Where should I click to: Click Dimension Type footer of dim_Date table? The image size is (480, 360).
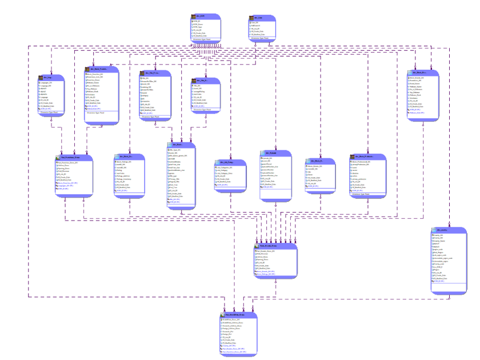pyautogui.click(x=263, y=39)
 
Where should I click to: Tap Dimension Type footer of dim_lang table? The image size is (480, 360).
pyautogui.click(x=50, y=113)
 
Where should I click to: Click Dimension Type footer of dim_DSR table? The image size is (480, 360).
pyautogui.click(x=206, y=39)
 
